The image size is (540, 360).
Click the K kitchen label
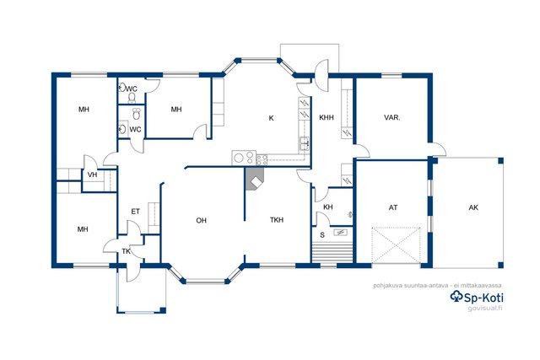[x=272, y=118]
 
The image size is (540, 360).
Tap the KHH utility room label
[x=327, y=118]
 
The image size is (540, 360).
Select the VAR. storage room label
[x=391, y=118]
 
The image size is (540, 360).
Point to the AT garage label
[x=393, y=207]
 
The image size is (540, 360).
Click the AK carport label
[x=473, y=207]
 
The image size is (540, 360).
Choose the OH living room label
[x=201, y=220]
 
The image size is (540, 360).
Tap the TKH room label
[x=277, y=220]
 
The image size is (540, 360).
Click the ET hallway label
[x=135, y=212]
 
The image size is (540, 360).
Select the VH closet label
[x=92, y=175]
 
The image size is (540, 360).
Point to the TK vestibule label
[x=126, y=251]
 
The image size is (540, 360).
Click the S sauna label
[x=322, y=235]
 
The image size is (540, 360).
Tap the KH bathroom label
[x=328, y=207]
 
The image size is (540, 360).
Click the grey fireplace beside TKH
[x=255, y=179]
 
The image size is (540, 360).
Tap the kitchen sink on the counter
[x=304, y=143]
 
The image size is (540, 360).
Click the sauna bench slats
[x=332, y=253]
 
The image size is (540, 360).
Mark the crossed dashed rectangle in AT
[x=396, y=245]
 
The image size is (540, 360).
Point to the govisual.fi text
[x=484, y=308]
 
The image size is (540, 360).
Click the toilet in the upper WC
[x=132, y=99]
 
